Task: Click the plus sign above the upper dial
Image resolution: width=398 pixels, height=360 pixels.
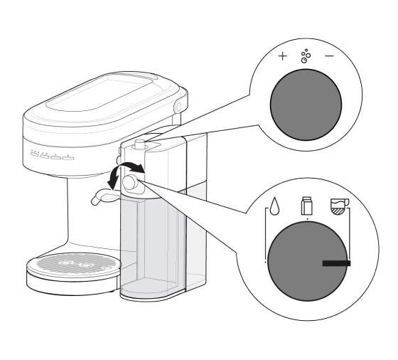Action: [282, 55]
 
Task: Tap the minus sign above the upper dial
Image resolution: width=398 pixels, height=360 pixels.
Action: [330, 55]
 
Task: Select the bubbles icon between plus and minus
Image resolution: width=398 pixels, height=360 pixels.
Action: [306, 55]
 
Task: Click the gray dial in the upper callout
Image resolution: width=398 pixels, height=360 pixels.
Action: [306, 101]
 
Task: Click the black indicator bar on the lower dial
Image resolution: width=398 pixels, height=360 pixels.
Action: [336, 263]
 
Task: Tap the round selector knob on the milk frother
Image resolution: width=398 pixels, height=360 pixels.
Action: [130, 182]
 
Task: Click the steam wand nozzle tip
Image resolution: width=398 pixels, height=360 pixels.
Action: [95, 202]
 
